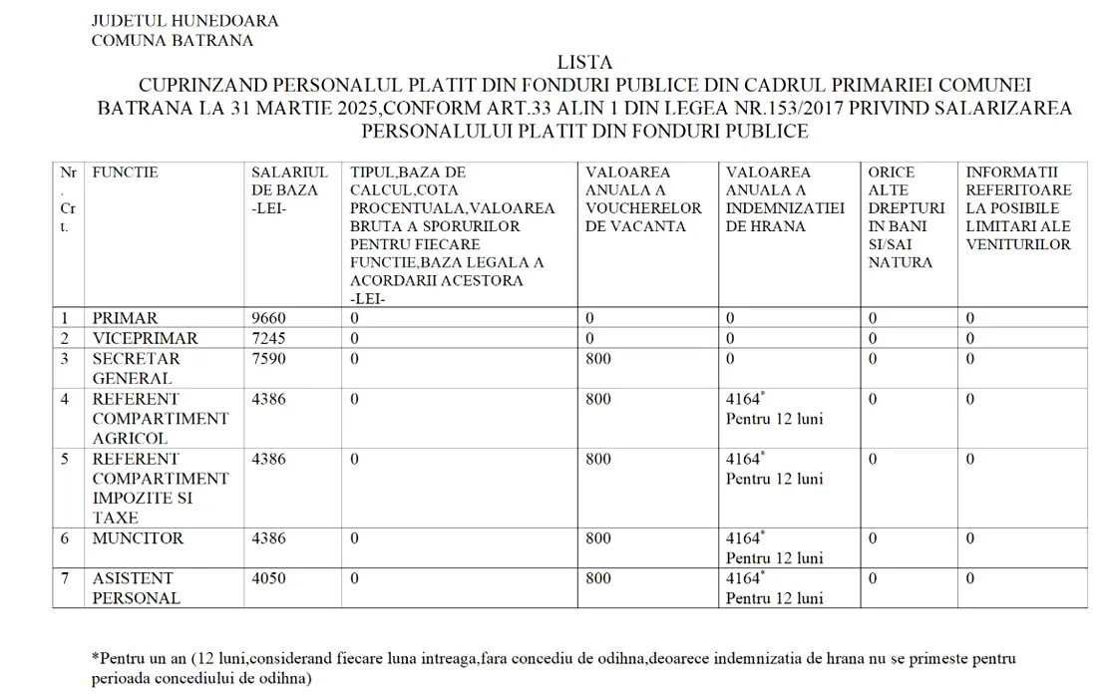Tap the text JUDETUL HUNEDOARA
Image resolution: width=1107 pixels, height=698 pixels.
click(x=184, y=21)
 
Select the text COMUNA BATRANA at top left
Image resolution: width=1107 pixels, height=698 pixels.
click(x=172, y=41)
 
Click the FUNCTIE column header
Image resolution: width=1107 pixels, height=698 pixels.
click(x=125, y=173)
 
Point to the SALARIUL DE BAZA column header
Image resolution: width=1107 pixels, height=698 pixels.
click(x=285, y=189)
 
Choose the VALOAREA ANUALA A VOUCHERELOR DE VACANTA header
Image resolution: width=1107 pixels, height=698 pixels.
click(x=643, y=199)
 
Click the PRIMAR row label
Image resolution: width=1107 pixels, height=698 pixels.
click(x=125, y=318)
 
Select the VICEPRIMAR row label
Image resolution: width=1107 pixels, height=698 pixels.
click(x=145, y=338)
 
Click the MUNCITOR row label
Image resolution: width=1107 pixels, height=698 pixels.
click(x=138, y=538)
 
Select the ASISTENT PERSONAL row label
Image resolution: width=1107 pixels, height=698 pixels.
click(x=136, y=588)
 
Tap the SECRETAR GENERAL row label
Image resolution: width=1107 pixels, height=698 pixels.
click(x=136, y=368)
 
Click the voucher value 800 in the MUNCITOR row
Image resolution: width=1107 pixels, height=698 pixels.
click(x=598, y=538)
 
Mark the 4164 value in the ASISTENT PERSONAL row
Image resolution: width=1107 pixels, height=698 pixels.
click(x=744, y=578)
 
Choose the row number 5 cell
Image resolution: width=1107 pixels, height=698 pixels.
click(x=65, y=459)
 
